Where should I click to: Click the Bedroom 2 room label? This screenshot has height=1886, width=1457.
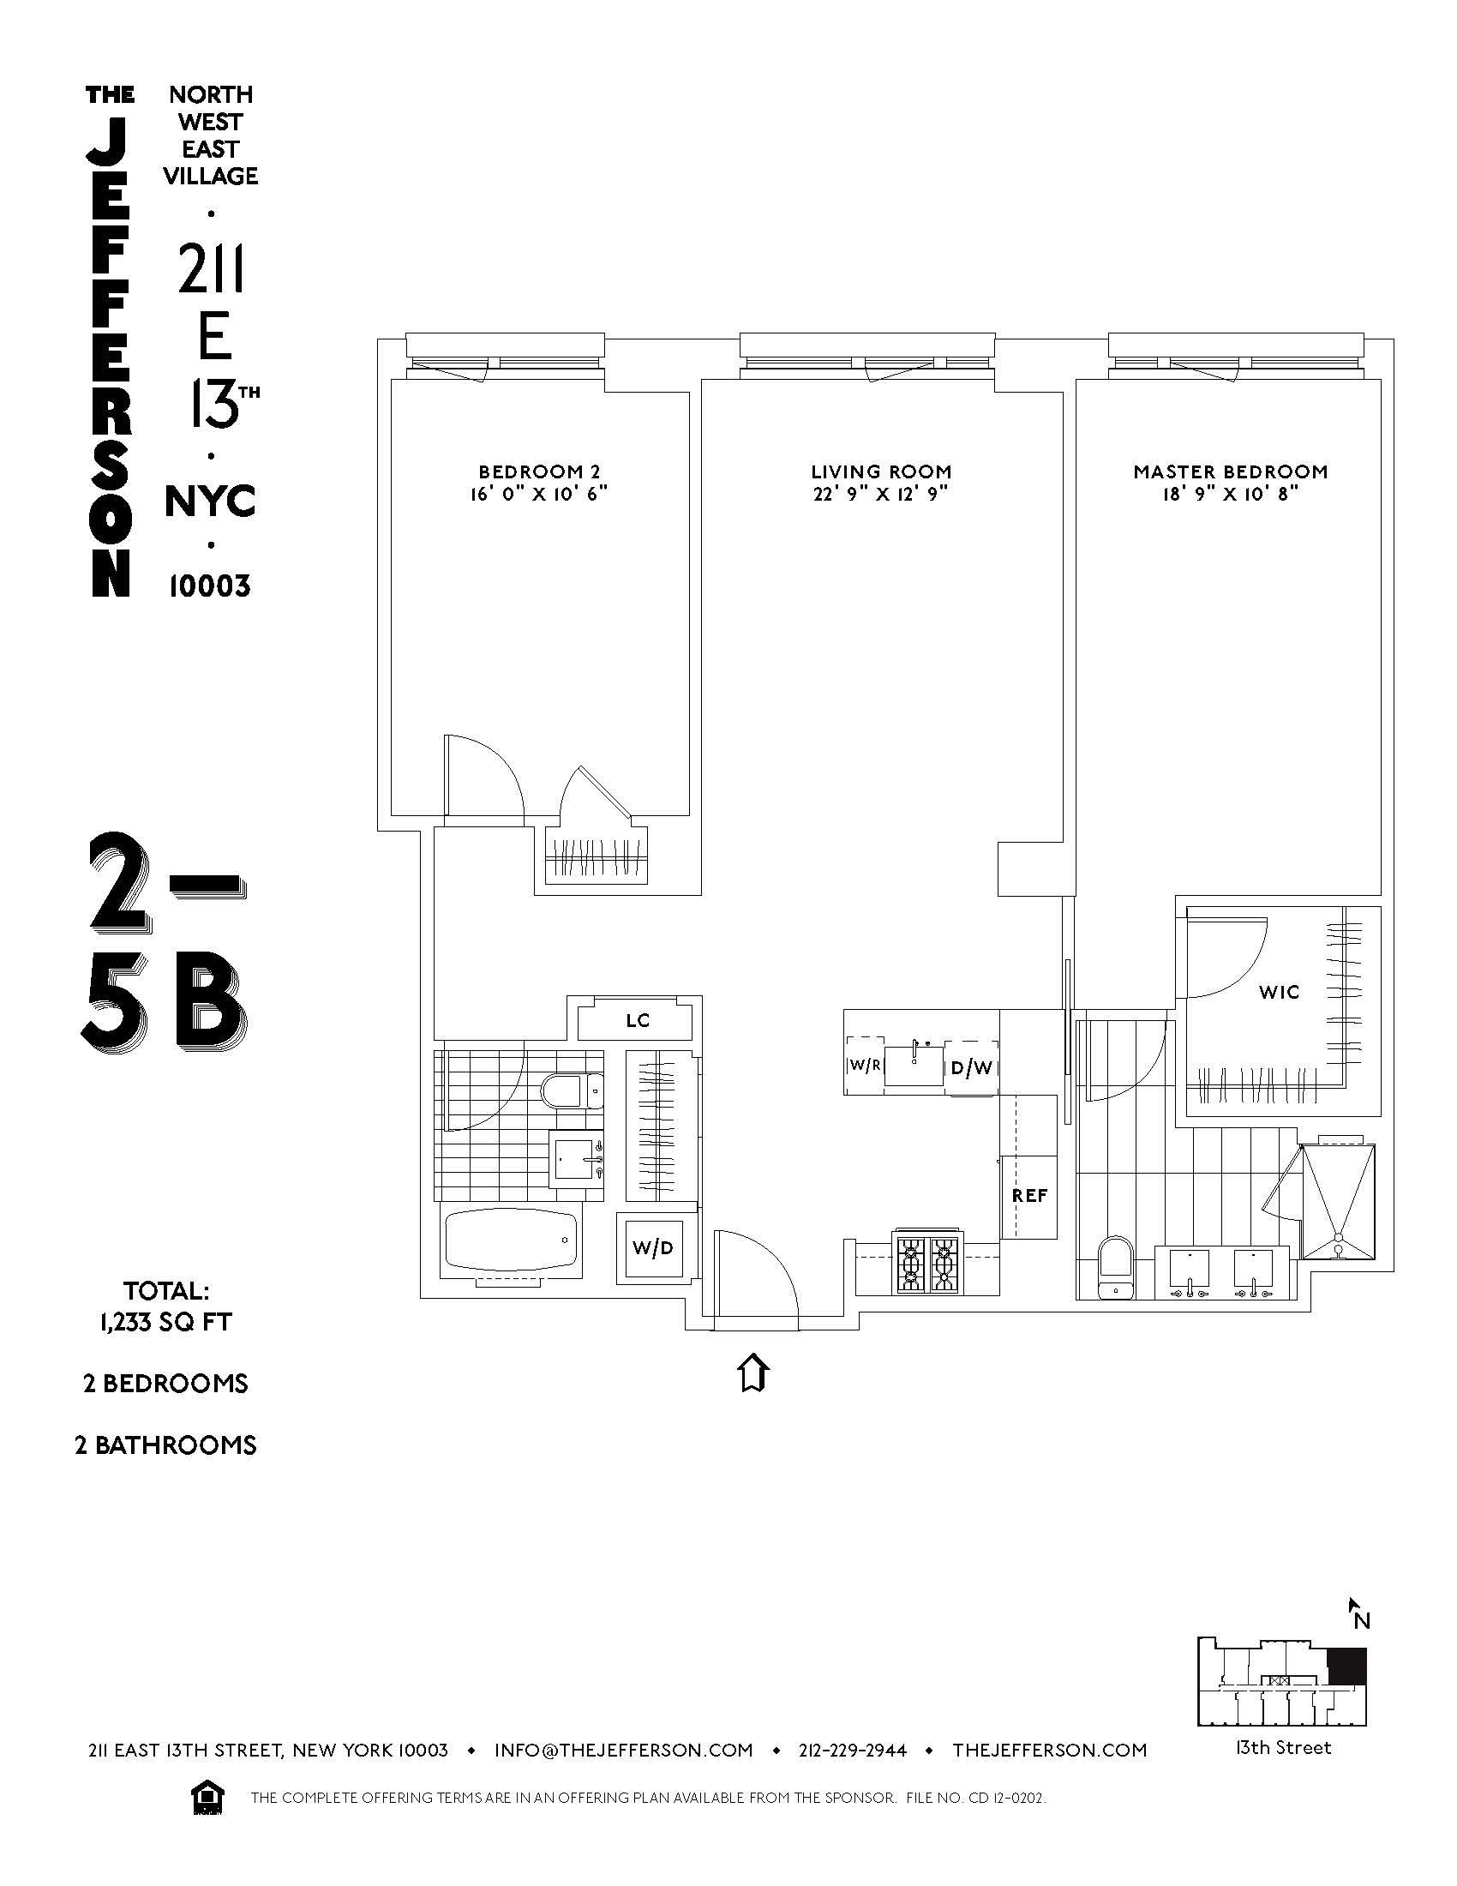click(x=538, y=472)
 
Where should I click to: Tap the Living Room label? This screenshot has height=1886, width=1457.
click(x=880, y=472)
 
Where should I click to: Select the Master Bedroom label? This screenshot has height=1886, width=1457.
click(x=1230, y=472)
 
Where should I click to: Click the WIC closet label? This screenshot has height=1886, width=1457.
click(x=1279, y=992)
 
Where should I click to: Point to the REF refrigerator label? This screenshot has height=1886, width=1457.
click(x=1028, y=1196)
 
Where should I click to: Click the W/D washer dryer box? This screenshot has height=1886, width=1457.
click(x=651, y=1248)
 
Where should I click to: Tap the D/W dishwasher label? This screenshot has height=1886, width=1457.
click(x=972, y=1068)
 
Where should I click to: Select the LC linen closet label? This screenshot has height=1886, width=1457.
click(x=637, y=1021)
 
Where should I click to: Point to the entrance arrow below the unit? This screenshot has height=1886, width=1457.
click(x=753, y=1372)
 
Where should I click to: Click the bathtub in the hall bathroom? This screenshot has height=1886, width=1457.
click(x=509, y=1242)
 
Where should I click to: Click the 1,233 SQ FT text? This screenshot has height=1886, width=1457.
click(x=165, y=1322)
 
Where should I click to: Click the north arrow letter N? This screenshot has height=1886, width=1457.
click(x=1361, y=1621)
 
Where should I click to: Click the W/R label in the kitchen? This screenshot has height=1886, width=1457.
click(x=865, y=1065)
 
